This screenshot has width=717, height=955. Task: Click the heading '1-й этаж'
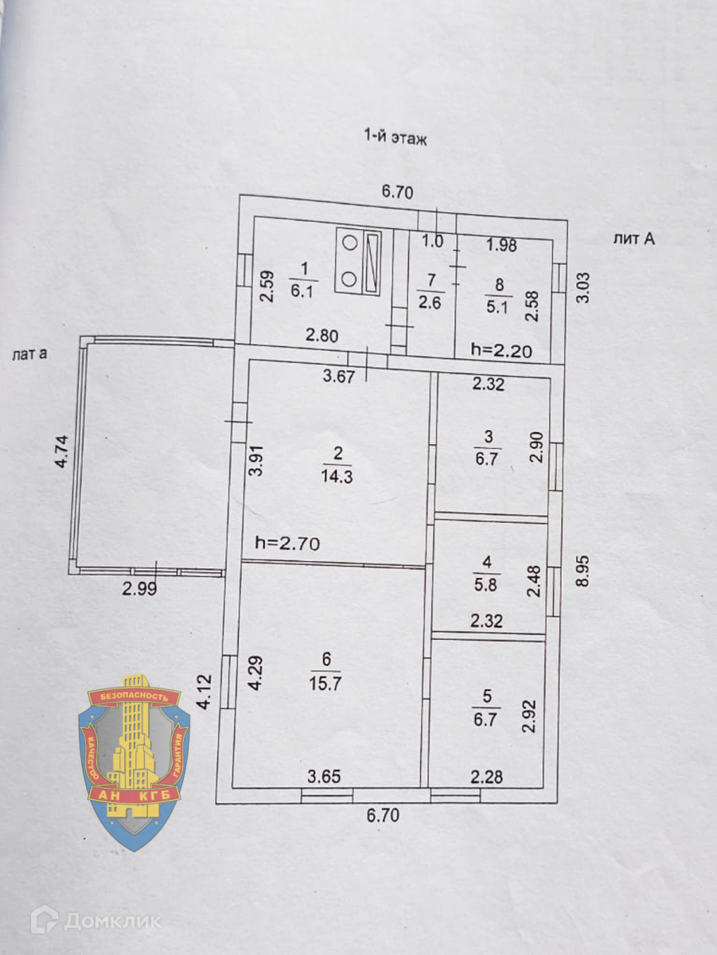tap(396, 137)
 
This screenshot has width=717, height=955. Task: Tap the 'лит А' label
tap(634, 238)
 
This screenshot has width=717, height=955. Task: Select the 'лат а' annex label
tap(28, 355)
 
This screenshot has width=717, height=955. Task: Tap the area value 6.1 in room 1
tap(302, 292)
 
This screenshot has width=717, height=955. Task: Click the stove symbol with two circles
tap(349, 260)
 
